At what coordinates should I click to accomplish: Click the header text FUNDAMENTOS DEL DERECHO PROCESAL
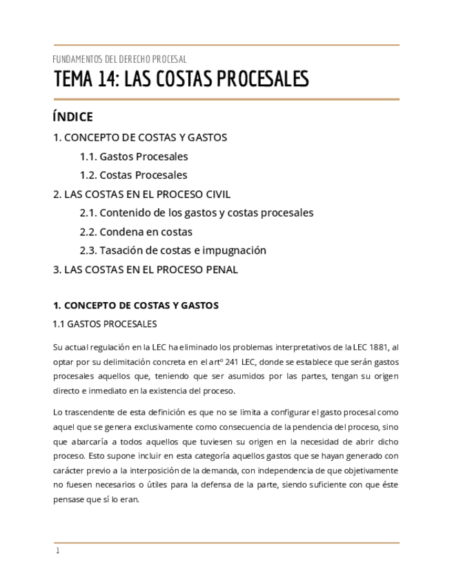pyautogui.click(x=120, y=59)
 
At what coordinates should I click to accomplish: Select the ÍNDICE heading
pyautogui.click(x=72, y=117)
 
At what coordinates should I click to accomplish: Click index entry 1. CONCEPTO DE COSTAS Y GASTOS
pyautogui.click(x=140, y=137)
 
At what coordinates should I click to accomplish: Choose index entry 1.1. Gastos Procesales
pyautogui.click(x=134, y=157)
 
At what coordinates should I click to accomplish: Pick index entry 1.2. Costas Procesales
pyautogui.click(x=133, y=175)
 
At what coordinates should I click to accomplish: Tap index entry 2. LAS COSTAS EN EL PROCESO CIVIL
pyautogui.click(x=141, y=195)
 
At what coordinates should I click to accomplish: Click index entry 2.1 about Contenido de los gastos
pyautogui.click(x=197, y=213)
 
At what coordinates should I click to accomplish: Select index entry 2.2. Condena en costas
pyautogui.click(x=136, y=232)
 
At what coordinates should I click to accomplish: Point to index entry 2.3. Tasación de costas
pyautogui.click(x=173, y=250)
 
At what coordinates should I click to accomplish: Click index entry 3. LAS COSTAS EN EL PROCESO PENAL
pyautogui.click(x=145, y=270)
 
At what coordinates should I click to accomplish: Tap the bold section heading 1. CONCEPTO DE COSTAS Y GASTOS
pyautogui.click(x=136, y=306)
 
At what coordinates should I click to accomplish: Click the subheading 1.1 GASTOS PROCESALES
pyautogui.click(x=105, y=324)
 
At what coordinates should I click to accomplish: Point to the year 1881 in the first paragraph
pyautogui.click(x=377, y=347)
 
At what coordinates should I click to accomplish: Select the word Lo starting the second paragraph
pyautogui.click(x=57, y=413)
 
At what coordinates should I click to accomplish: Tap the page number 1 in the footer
pyautogui.click(x=58, y=551)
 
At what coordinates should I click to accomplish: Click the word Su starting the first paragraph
pyautogui.click(x=58, y=347)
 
